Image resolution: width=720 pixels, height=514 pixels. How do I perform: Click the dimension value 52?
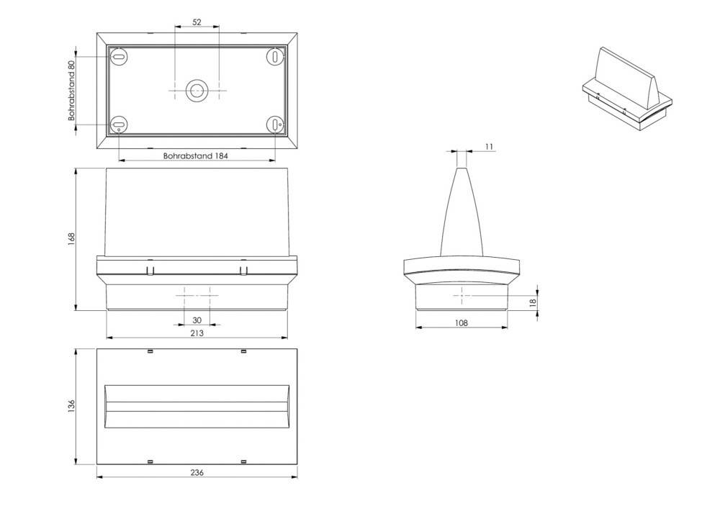[197, 22]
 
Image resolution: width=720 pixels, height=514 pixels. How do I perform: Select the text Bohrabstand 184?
[196, 156]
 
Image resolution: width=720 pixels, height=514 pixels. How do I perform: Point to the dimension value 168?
[71, 238]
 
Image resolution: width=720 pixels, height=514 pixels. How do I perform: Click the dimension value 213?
[197, 333]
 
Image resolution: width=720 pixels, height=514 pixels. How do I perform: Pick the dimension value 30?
[197, 320]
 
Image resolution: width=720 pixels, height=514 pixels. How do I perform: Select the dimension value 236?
[197, 472]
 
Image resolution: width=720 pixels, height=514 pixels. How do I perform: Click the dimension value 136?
[71, 407]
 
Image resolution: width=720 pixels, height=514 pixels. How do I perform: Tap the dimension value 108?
[462, 323]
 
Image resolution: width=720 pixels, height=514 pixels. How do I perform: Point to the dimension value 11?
[490, 147]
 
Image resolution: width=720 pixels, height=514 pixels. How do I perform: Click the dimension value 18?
[533, 303]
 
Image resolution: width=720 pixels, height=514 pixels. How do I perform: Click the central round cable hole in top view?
[197, 91]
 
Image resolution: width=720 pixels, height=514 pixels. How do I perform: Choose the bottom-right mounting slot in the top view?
[276, 124]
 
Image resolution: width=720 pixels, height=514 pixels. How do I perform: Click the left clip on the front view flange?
[149, 271]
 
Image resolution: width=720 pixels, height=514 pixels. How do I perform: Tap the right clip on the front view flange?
[243, 271]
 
